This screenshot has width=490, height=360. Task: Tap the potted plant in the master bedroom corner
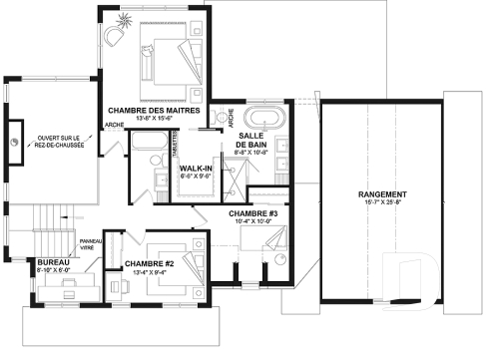pos(113,32)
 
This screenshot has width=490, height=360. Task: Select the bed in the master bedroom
pos(166,62)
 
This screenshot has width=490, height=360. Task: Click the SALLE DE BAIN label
pos(250,140)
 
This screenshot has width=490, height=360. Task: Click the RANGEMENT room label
pos(383,193)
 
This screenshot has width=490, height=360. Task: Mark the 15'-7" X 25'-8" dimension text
pos(383,203)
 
